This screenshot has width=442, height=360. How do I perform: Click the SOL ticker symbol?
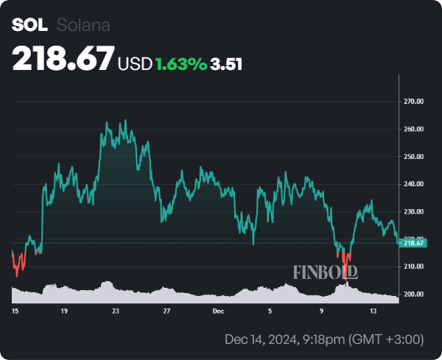pos(29,25)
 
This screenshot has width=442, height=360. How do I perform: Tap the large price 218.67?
pos(63,58)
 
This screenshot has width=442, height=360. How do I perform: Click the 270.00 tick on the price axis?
pos(415,102)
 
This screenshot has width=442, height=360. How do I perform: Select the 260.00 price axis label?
pos(415,129)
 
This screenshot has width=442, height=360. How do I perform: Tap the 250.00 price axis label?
pos(415,157)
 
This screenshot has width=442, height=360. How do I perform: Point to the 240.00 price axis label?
pos(415,184)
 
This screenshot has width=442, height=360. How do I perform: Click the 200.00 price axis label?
pos(415,294)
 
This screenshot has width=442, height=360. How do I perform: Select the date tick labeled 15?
pos(15,311)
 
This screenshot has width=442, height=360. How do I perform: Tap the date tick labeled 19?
pos(65,311)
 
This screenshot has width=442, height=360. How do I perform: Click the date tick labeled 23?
pos(116,311)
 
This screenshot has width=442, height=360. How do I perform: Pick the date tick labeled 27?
pos(167,311)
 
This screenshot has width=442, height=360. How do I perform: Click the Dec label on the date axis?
pos(218,311)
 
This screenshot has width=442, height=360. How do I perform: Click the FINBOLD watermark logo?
pos(326,272)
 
